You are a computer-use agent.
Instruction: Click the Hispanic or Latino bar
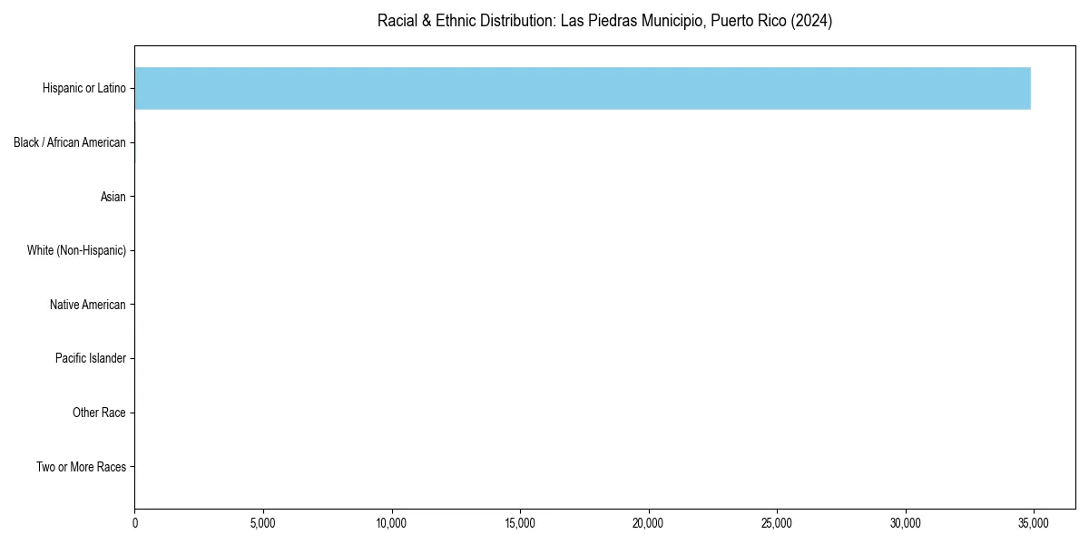pos(583,88)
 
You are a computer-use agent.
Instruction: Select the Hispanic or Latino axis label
pos(84,88)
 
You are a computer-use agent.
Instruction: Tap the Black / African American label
pos(70,142)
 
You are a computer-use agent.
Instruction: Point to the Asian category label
pos(113,197)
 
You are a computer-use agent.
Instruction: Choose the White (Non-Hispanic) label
pos(76,250)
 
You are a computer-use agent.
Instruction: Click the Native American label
pos(88,305)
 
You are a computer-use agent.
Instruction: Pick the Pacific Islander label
pos(91,358)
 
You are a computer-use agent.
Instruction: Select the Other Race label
pos(99,413)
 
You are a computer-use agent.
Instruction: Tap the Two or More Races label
pos(81,467)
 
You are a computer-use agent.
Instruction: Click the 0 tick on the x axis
pos(135,523)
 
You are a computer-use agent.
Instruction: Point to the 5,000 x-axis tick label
pos(263,523)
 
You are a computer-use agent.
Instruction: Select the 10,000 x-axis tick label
pos(392,523)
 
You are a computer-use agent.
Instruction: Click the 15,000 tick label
pos(520,523)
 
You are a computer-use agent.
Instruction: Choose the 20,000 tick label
pos(649,523)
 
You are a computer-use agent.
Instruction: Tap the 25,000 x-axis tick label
pos(777,523)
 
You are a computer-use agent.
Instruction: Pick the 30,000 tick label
pos(906,523)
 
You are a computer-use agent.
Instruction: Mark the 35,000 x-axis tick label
pos(1034,523)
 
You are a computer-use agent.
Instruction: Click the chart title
pos(604,21)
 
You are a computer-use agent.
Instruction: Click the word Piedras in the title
pos(611,21)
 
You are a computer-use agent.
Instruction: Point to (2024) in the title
pos(810,21)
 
